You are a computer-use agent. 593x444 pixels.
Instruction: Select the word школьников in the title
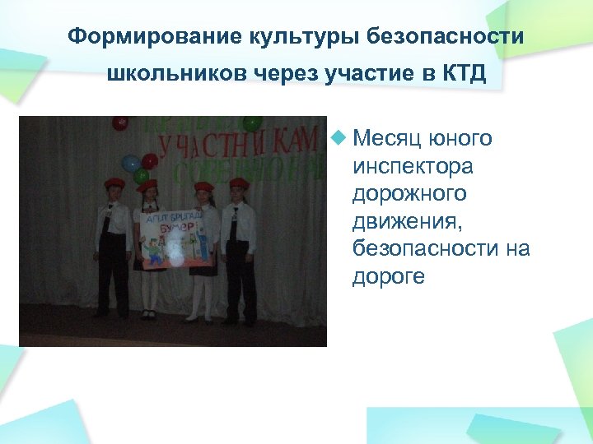(x=170, y=74)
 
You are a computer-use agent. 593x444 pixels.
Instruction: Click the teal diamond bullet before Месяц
(x=337, y=137)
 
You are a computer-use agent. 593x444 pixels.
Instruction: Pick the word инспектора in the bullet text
(x=413, y=166)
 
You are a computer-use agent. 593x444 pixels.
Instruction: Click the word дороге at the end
(x=389, y=276)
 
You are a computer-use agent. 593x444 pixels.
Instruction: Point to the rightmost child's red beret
(x=239, y=183)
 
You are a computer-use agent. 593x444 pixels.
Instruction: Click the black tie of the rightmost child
(x=234, y=222)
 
